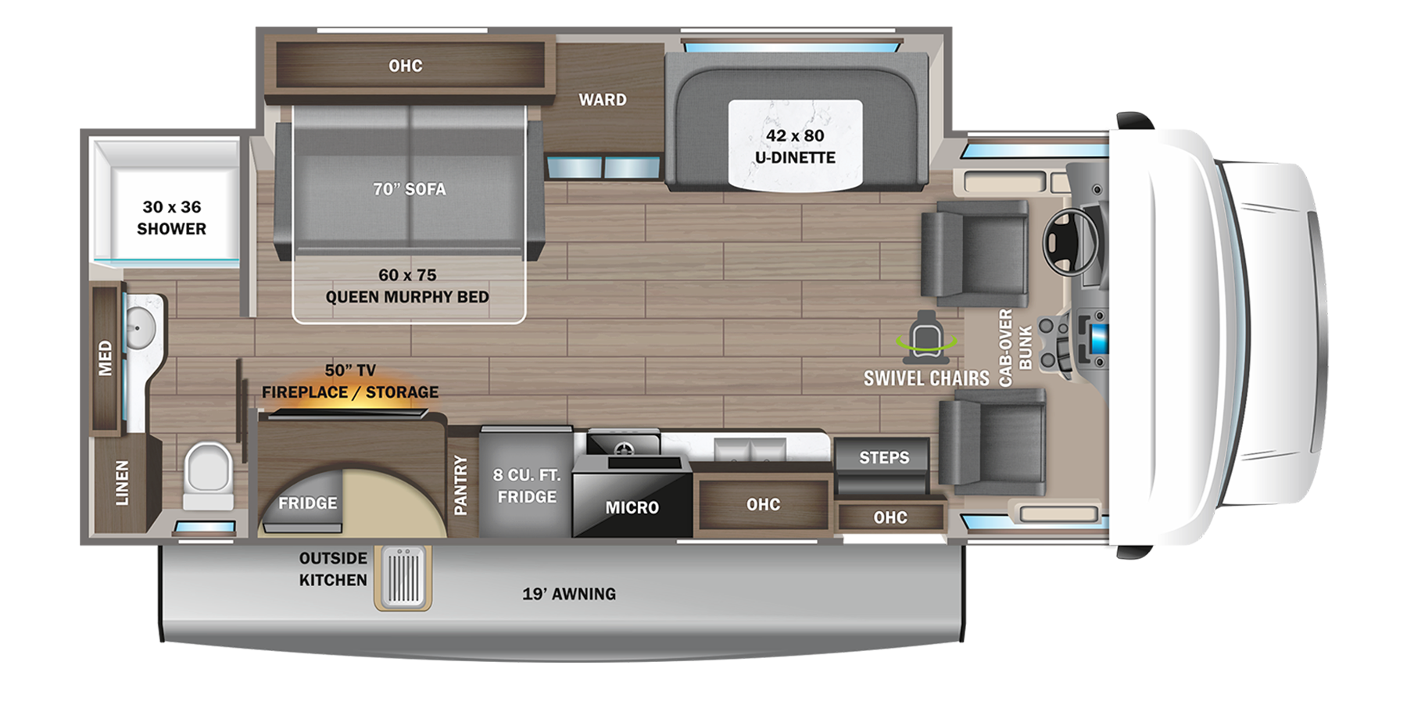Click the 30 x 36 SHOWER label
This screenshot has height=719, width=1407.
(171, 218)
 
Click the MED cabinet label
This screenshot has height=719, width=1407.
(106, 358)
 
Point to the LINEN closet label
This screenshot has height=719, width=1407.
(122, 483)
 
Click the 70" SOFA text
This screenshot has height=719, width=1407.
(409, 189)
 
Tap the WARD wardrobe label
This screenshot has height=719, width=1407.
(602, 100)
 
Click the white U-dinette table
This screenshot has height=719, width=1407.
(795, 145)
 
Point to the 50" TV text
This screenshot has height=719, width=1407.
(350, 370)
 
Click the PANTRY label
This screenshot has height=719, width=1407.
(460, 485)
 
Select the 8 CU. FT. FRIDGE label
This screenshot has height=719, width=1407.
(527, 486)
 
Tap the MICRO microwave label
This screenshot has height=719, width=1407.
(632, 508)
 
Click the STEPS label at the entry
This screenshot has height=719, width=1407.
(884, 458)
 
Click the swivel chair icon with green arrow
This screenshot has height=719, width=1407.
(926, 338)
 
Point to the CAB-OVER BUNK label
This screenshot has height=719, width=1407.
(1015, 347)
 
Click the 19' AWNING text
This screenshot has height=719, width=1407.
(569, 594)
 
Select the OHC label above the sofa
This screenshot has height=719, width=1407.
(405, 66)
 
